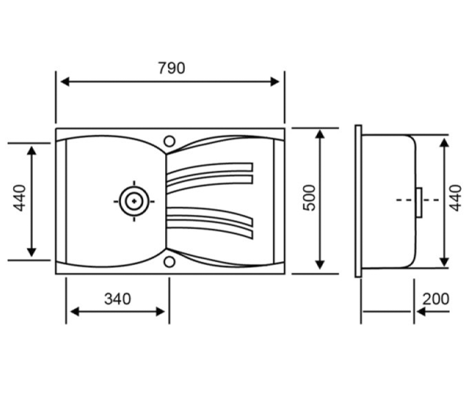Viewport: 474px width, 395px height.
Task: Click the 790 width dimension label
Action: pyautogui.click(x=171, y=68)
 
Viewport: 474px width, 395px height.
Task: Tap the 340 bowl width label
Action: pyautogui.click(x=118, y=299)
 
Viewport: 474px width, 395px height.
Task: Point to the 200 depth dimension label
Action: pyautogui.click(x=436, y=299)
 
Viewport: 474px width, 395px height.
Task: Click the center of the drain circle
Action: pyautogui.click(x=134, y=201)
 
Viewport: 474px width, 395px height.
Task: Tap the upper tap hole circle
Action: pyautogui.click(x=169, y=141)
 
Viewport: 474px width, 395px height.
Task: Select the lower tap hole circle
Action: pyautogui.click(x=169, y=262)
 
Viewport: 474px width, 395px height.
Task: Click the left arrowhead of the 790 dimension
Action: pyautogui.click(x=65, y=82)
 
